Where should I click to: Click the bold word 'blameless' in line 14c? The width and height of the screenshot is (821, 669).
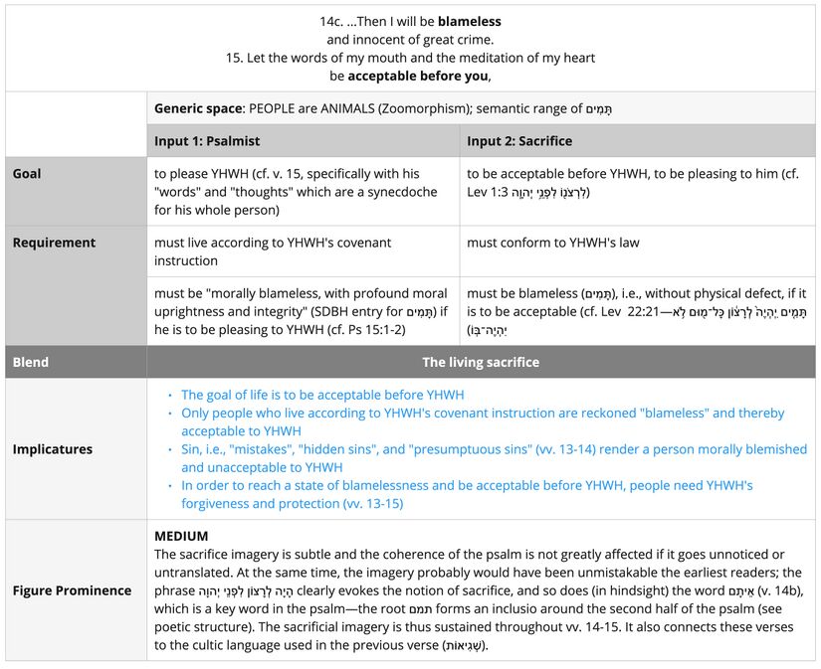pyautogui.click(x=469, y=21)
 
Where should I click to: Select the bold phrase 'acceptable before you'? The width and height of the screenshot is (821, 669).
pyautogui.click(x=420, y=76)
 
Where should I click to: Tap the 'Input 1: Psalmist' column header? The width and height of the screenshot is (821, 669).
pyautogui.click(x=207, y=140)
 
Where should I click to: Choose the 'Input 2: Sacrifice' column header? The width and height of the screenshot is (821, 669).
pyautogui.click(x=518, y=140)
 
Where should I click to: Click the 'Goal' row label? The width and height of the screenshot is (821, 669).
pyautogui.click(x=27, y=173)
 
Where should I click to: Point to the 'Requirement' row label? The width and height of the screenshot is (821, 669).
pyautogui.click(x=54, y=243)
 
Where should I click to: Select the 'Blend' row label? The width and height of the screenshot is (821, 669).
pyautogui.click(x=31, y=362)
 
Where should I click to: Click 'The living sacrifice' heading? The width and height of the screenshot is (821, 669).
pyautogui.click(x=481, y=362)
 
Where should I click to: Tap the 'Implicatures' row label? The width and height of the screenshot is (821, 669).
pyautogui.click(x=52, y=449)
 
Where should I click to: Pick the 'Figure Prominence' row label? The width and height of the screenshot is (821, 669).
pyautogui.click(x=72, y=590)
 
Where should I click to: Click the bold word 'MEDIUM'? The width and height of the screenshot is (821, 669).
pyautogui.click(x=181, y=536)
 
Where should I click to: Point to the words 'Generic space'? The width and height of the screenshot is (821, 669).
pyautogui.click(x=198, y=107)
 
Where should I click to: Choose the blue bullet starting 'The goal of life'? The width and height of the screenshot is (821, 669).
pyautogui.click(x=322, y=395)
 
